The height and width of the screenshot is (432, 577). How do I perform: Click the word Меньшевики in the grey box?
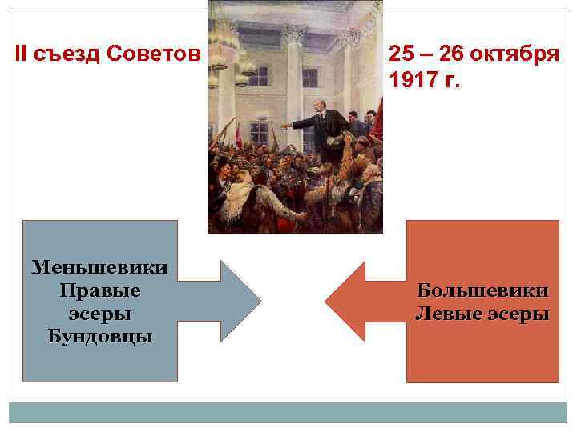click(100, 267)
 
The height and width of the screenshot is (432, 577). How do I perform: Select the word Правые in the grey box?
click(100, 290)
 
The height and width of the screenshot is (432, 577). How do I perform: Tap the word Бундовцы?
click(100, 334)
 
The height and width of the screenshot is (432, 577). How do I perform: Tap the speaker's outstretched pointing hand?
click(284, 126)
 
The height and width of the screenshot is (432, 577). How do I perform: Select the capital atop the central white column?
click(294, 34)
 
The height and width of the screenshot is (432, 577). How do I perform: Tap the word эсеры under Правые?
click(100, 312)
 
